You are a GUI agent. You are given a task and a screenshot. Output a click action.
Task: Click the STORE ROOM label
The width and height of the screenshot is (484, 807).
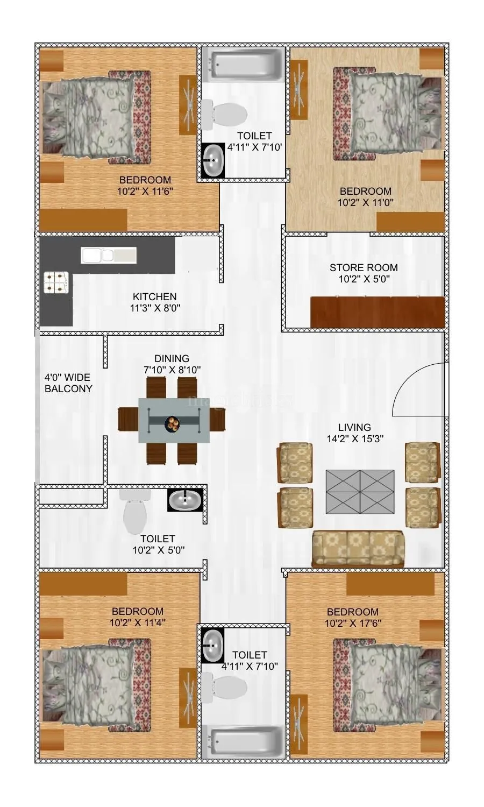coord(364,267)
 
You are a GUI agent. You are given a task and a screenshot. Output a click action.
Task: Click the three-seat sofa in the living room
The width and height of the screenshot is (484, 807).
coord(358,549)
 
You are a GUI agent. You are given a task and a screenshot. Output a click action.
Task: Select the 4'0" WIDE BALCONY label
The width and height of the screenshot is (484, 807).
coord(68,383)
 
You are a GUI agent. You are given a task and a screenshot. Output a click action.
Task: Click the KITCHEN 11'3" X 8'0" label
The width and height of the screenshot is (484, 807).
coord(155,302)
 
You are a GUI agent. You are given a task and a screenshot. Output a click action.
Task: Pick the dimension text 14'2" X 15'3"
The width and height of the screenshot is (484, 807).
coord(355,439)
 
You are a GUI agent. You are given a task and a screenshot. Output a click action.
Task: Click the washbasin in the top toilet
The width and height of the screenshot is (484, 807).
coord(213,160)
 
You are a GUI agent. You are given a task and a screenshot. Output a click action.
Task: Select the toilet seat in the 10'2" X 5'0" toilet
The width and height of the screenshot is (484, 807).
coord(134,515)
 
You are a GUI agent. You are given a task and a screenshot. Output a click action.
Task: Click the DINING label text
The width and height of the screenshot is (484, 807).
coord(172,358)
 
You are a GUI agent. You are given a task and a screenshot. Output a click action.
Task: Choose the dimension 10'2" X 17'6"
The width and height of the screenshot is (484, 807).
coord(353,624)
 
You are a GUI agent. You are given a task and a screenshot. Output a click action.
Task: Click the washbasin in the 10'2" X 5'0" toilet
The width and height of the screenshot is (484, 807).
coord(186,500)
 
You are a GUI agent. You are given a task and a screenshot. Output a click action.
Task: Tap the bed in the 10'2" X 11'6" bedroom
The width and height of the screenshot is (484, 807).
coord(96,117)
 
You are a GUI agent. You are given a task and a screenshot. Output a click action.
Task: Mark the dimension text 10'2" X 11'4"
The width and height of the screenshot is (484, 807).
coord(138,623)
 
